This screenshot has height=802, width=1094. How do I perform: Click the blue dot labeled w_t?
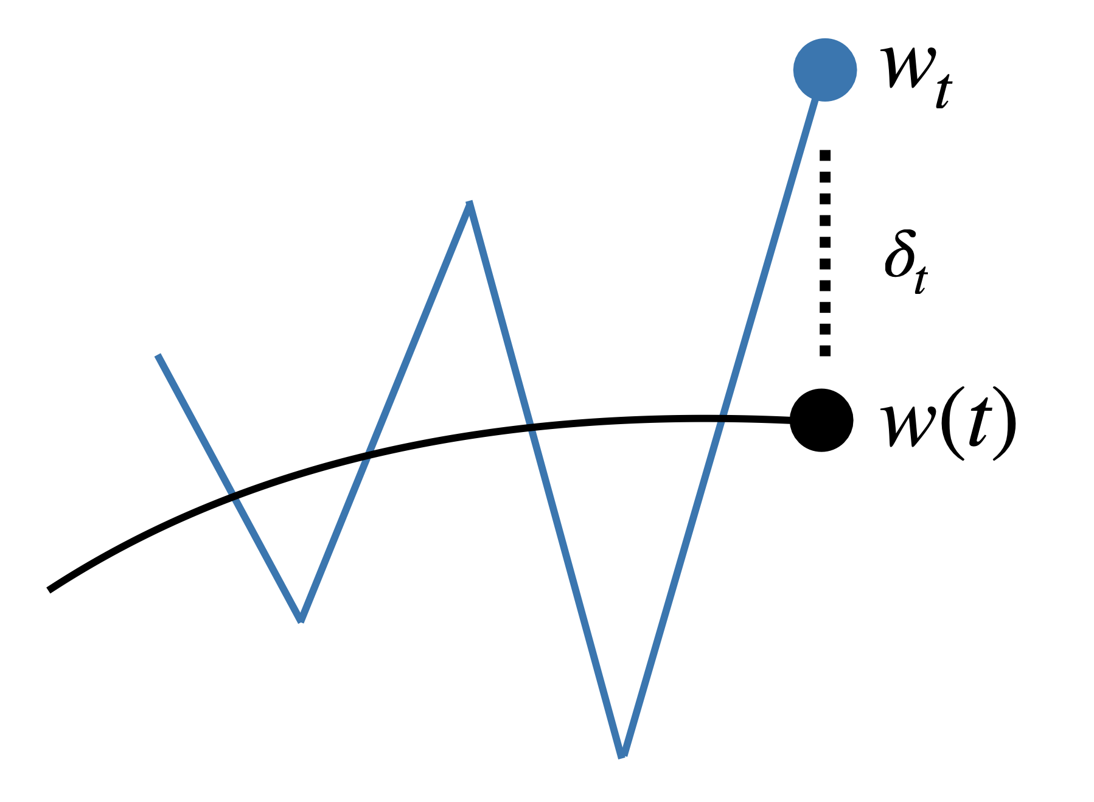pyautogui.click(x=824, y=70)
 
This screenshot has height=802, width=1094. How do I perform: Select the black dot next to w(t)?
pyautogui.click(x=821, y=420)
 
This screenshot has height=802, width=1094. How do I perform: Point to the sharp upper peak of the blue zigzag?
pyautogui.click(x=469, y=204)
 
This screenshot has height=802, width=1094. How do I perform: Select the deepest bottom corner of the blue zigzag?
pyautogui.click(x=622, y=755)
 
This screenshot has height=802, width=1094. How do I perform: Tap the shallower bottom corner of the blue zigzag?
pyautogui.click(x=301, y=619)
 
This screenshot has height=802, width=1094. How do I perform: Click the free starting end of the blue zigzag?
pyautogui.click(x=158, y=356)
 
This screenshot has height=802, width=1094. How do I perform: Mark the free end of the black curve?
pyautogui.click(x=50, y=589)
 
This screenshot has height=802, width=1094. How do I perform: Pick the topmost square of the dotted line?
pyautogui.click(x=825, y=155)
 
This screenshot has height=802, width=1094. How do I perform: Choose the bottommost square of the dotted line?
pyautogui.click(x=825, y=350)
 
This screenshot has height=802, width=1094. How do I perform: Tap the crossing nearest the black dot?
pyautogui.click(x=722, y=419)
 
